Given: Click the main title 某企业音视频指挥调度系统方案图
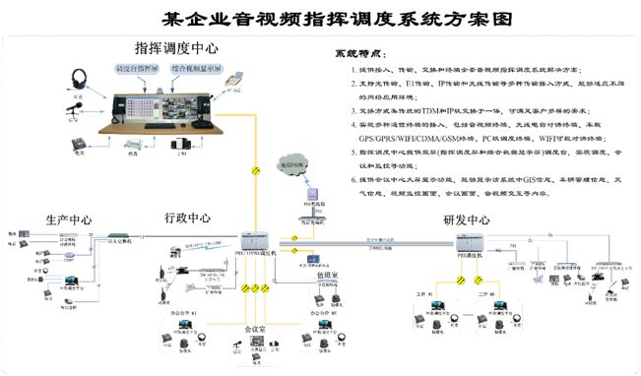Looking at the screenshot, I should (x=320, y=17).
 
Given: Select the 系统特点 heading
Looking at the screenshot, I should (x=355, y=51).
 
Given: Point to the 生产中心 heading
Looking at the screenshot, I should (x=69, y=219).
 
